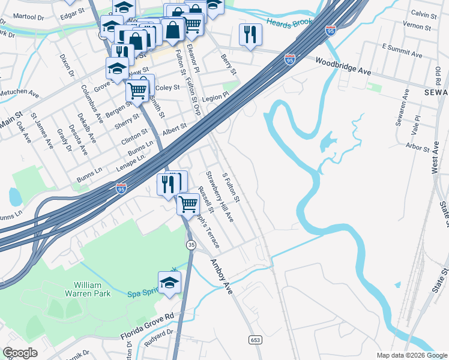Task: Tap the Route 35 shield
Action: (x=191, y=245)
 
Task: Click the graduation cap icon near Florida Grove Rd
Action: (x=170, y=282)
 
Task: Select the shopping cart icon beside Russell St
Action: (x=188, y=203)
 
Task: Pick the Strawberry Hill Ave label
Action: (x=220, y=197)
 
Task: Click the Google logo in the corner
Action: (x=20, y=353)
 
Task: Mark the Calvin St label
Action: (x=423, y=13)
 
